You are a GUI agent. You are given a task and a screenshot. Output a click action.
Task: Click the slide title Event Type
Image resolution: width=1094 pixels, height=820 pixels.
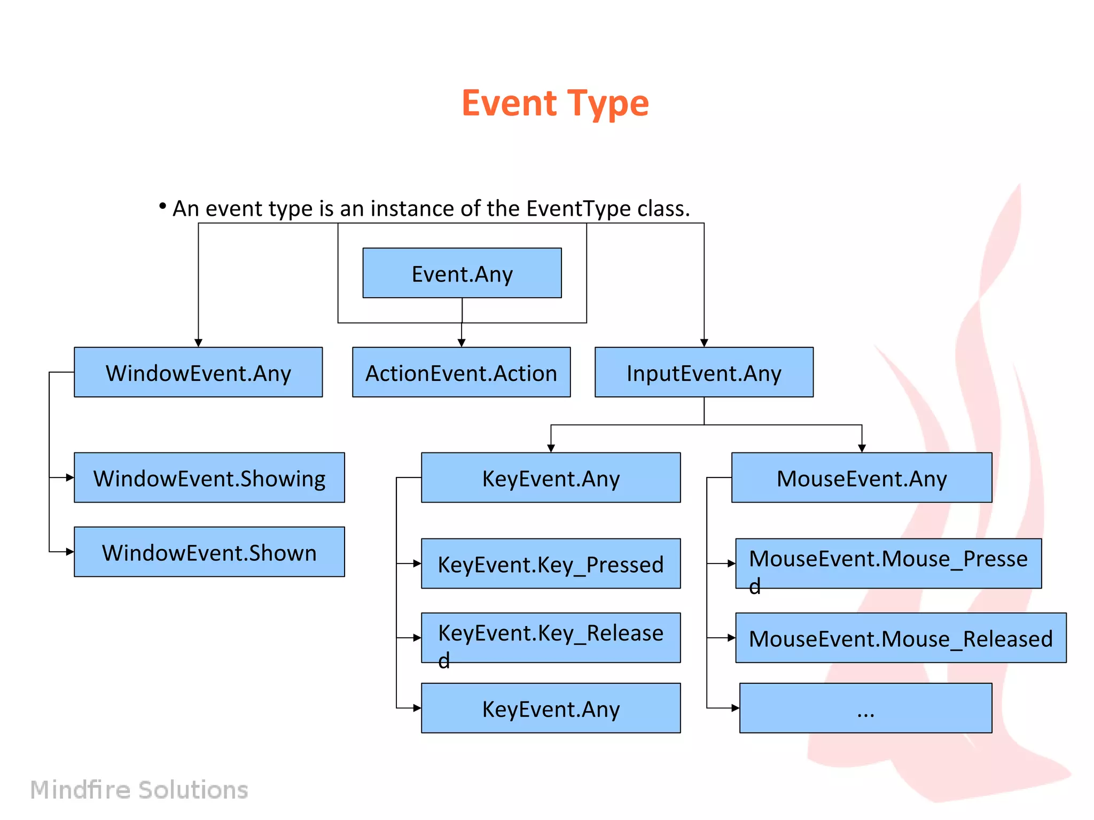554,103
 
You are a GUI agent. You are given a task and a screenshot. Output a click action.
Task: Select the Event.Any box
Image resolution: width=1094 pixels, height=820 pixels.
462,273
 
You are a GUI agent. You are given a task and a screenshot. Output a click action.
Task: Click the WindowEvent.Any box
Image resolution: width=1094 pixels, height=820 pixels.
198,372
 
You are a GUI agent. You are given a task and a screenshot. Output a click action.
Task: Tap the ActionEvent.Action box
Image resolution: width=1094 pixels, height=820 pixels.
461,372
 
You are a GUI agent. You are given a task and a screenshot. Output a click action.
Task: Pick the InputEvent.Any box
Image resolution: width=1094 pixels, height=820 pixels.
704,372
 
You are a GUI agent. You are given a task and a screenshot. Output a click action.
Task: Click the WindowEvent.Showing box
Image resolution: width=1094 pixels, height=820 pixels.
209,478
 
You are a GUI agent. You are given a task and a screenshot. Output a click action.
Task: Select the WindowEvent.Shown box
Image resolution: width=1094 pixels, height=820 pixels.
209,552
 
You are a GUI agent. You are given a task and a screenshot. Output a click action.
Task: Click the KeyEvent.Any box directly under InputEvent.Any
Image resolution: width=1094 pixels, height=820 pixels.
550,478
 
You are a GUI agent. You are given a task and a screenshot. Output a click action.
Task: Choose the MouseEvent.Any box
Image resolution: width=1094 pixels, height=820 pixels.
861,478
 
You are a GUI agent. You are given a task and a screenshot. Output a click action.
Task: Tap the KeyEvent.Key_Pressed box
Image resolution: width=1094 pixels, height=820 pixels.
550,564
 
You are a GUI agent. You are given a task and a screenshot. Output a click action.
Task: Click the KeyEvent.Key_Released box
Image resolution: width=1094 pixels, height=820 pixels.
550,637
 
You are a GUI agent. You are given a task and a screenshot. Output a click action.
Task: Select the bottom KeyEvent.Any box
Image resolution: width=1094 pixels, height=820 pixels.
550,708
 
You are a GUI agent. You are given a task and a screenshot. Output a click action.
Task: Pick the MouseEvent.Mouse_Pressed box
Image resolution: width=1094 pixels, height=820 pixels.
888,564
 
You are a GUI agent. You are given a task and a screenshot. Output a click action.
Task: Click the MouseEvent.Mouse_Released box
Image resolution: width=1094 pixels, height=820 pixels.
900,637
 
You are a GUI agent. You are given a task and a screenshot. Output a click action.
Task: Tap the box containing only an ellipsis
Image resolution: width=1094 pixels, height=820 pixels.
865,708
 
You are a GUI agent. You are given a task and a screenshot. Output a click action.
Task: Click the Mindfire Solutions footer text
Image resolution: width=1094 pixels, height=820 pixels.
139,790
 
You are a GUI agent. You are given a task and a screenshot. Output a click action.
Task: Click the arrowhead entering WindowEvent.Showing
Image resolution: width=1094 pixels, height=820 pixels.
70,478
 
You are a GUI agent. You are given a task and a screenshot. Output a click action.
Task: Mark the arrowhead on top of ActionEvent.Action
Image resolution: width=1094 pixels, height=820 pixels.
462,343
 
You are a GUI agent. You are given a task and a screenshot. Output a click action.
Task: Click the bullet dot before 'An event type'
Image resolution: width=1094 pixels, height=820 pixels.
162,206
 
